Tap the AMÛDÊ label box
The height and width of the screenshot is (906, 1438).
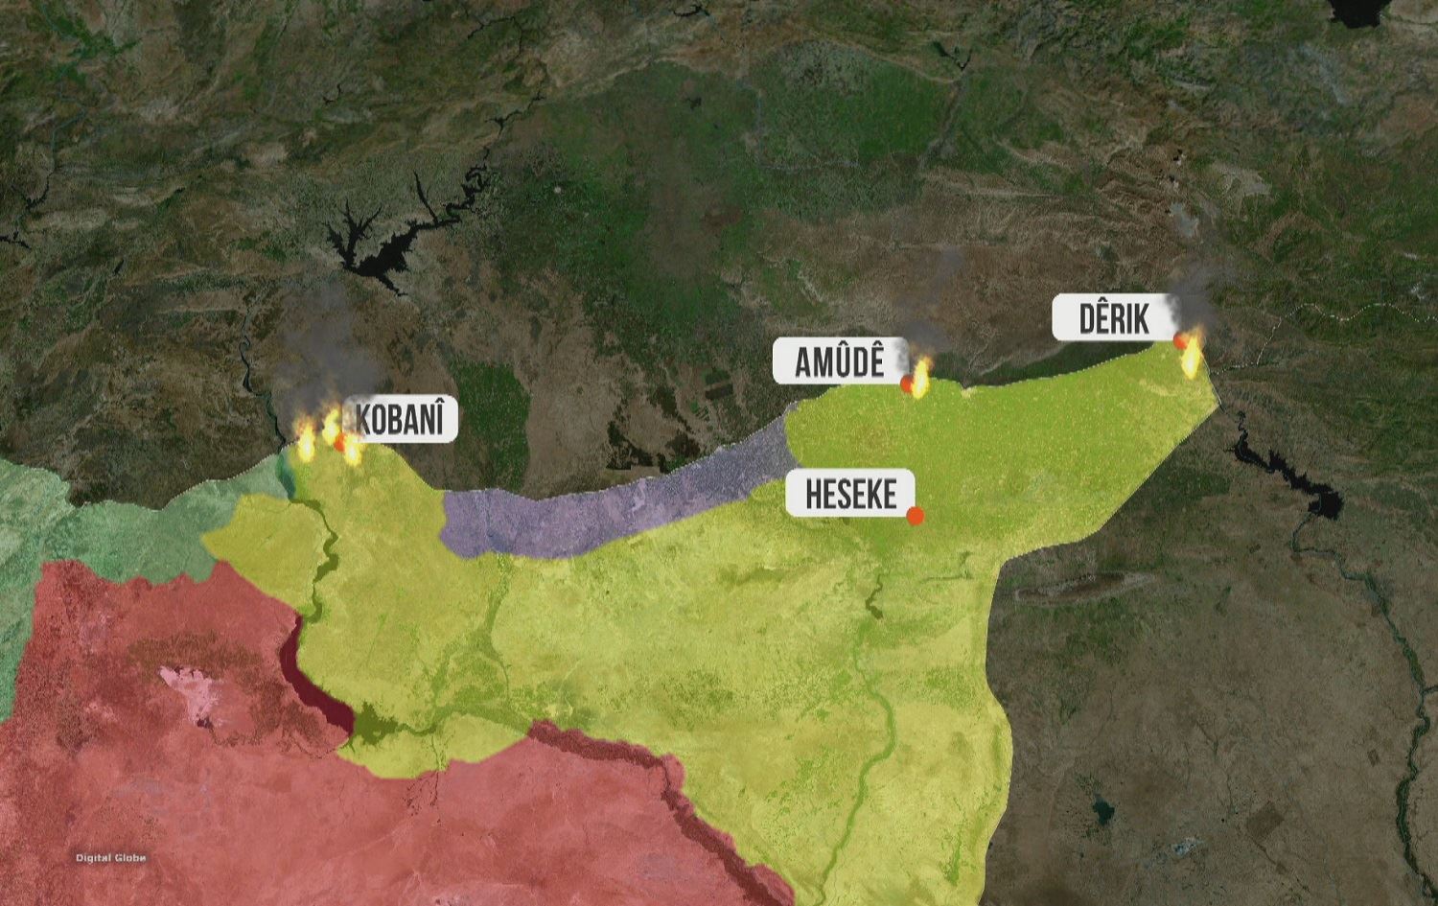tap(840, 361)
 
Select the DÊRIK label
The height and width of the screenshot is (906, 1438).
tap(1114, 318)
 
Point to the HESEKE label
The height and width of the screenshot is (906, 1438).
tap(850, 495)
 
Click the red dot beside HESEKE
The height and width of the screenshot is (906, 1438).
tap(915, 516)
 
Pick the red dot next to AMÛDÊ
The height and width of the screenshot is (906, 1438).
tap(907, 383)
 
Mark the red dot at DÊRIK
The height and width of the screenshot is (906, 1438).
tap(1181, 340)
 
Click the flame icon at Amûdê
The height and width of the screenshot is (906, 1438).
tap(921, 378)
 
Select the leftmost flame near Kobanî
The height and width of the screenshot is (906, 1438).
tap(307, 443)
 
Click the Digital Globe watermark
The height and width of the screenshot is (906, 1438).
tap(111, 858)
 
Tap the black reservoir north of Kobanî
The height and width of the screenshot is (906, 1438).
tap(369, 244)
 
